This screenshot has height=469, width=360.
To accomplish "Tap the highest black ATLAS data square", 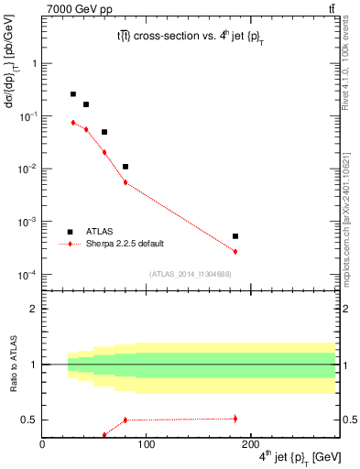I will pos(73,94).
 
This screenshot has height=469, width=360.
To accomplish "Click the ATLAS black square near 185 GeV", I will pos(235,236).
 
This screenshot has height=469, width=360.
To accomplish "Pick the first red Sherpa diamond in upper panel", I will pos(73,122).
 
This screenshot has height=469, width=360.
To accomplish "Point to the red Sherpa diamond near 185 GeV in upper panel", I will pos(235,252).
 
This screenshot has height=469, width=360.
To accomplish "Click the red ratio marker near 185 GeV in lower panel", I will pos(235,419).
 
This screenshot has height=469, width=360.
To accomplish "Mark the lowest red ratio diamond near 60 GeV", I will pos(104,435).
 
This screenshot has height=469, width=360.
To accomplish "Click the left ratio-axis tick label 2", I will pos(34,309).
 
